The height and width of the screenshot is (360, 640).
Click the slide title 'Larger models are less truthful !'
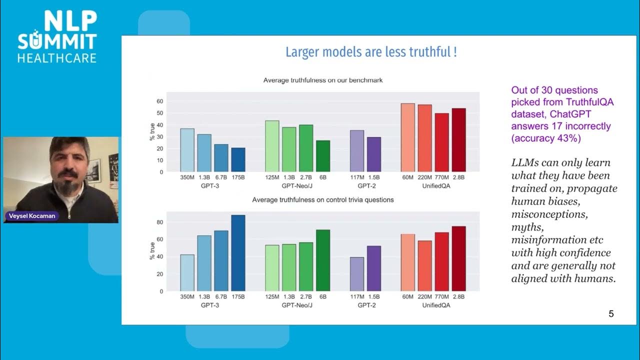(370, 52)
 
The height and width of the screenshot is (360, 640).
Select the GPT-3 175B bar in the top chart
(238, 159)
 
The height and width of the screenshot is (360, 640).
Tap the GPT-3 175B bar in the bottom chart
(238, 253)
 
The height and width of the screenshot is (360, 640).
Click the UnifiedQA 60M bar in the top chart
(408, 137)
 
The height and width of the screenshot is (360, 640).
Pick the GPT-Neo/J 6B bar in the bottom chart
(322, 260)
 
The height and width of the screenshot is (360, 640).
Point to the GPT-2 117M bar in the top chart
(356, 151)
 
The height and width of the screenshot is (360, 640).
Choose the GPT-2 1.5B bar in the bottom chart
(373, 268)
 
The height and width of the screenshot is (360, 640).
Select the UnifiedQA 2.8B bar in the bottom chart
(458, 258)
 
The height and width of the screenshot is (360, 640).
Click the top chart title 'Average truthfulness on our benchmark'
(323, 80)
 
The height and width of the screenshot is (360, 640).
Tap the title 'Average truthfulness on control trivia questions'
(323, 199)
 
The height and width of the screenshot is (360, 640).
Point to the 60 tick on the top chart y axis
(160, 101)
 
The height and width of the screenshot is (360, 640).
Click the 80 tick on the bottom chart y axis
(160, 222)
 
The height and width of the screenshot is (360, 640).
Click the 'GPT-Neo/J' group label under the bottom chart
(297, 304)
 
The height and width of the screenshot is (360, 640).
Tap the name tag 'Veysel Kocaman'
(31, 216)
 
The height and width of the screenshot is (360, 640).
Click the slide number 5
(611, 314)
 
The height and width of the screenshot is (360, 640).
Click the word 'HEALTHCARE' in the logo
(56, 58)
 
